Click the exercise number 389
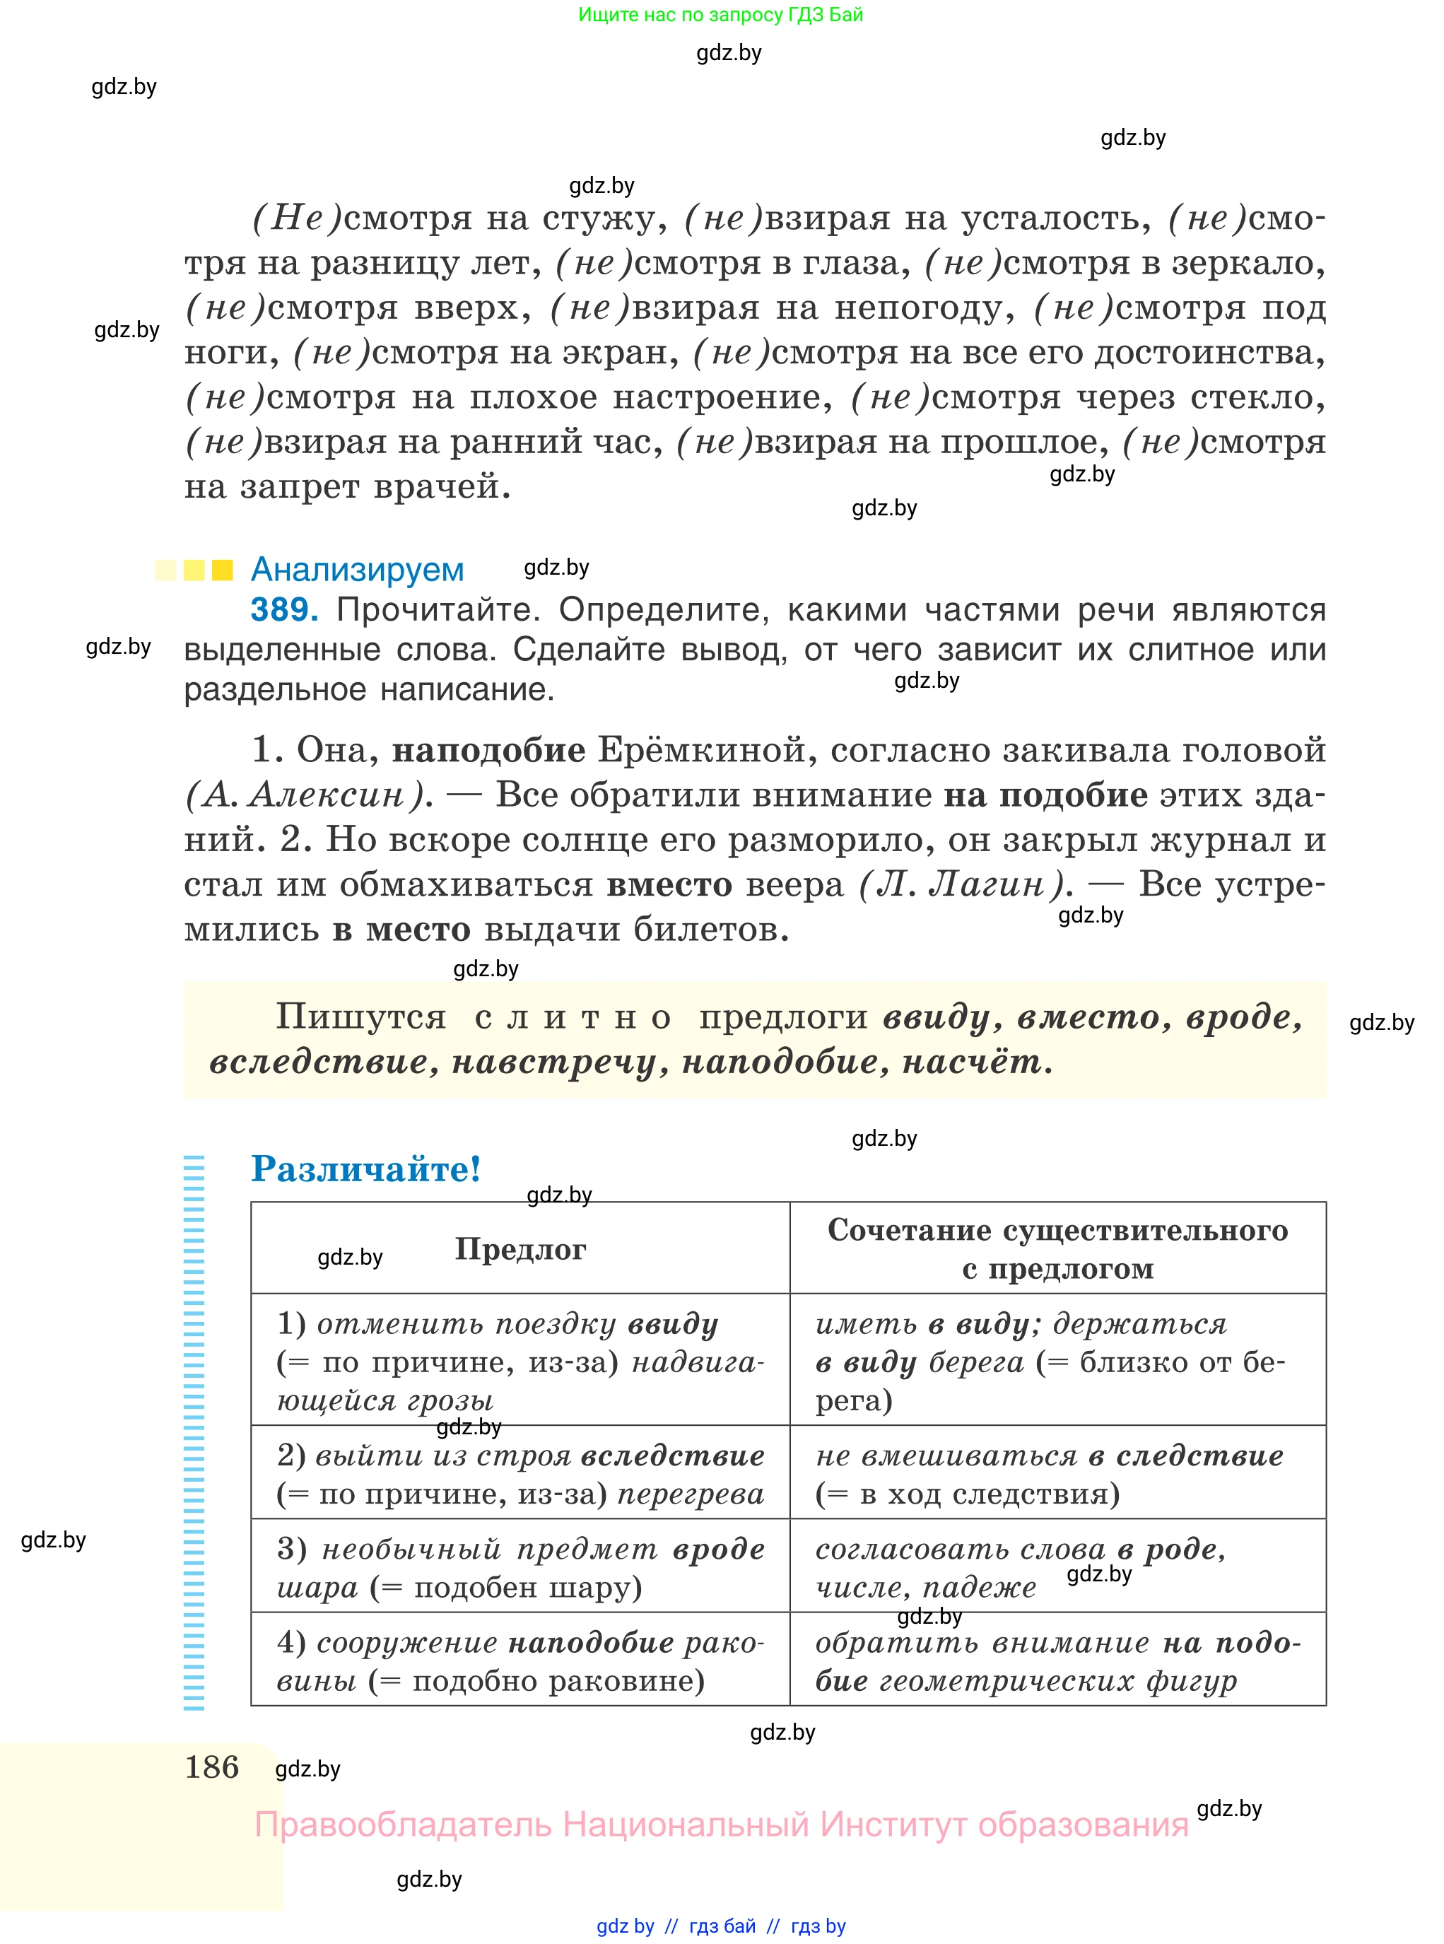(283, 609)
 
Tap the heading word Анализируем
(357, 569)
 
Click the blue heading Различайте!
(365, 1169)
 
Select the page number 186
(211, 1767)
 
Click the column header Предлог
(520, 1249)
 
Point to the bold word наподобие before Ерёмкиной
(488, 750)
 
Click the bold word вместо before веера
(669, 884)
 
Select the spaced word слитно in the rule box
(573, 1017)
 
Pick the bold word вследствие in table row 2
(672, 1456)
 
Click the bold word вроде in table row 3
(719, 1549)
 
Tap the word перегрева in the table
(691, 1494)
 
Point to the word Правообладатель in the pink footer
(402, 1825)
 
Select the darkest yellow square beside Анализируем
(223, 570)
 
